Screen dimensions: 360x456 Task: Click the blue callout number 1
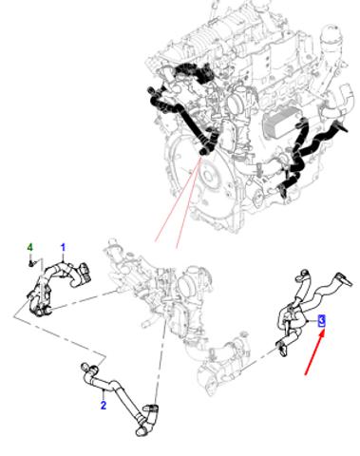[x=63, y=248]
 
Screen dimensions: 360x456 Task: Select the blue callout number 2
[x=104, y=405]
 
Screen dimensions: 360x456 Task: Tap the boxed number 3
[x=321, y=321]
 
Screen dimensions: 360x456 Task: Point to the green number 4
[x=29, y=247]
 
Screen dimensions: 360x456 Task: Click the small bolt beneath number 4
[x=30, y=263]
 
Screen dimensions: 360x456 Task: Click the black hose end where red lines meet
[x=202, y=152]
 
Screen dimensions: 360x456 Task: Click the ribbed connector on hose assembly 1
[x=85, y=273]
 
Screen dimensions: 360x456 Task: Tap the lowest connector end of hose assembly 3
[x=283, y=351]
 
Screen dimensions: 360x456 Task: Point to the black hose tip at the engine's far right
[x=344, y=128]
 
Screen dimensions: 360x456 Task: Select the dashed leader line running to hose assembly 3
[x=258, y=358]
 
